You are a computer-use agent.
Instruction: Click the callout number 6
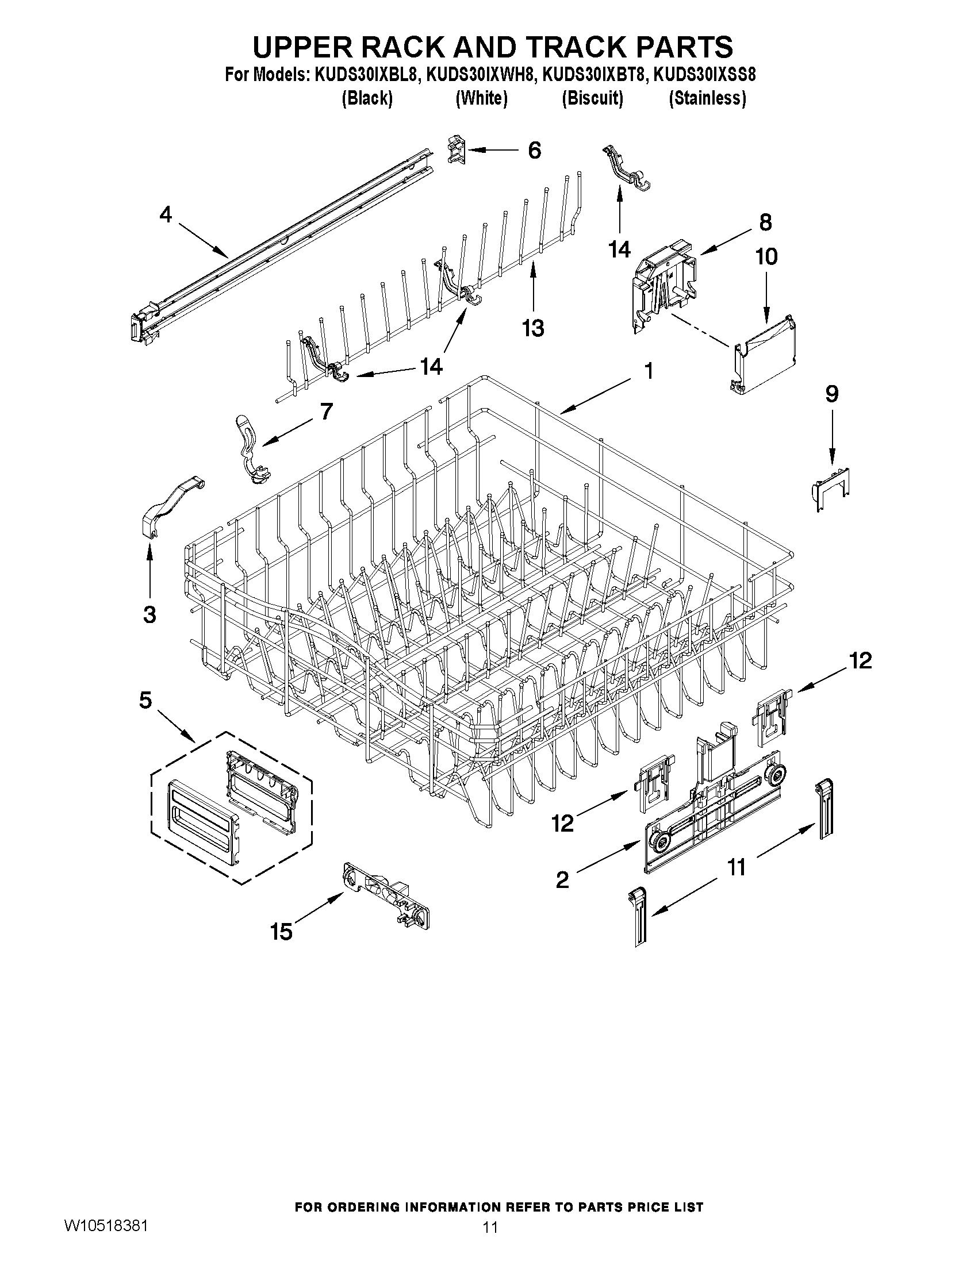pyautogui.click(x=534, y=151)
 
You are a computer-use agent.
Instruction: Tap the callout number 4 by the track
pyautogui.click(x=166, y=215)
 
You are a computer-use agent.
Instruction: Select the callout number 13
pyautogui.click(x=533, y=328)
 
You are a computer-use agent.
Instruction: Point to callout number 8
pyautogui.click(x=765, y=222)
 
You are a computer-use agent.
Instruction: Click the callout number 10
pyautogui.click(x=766, y=256)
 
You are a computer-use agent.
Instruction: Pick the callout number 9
pyautogui.click(x=831, y=394)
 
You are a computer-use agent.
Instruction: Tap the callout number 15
pyautogui.click(x=282, y=932)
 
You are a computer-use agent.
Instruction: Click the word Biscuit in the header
pyautogui.click(x=592, y=98)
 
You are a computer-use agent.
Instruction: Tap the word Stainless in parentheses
pyautogui.click(x=707, y=98)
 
